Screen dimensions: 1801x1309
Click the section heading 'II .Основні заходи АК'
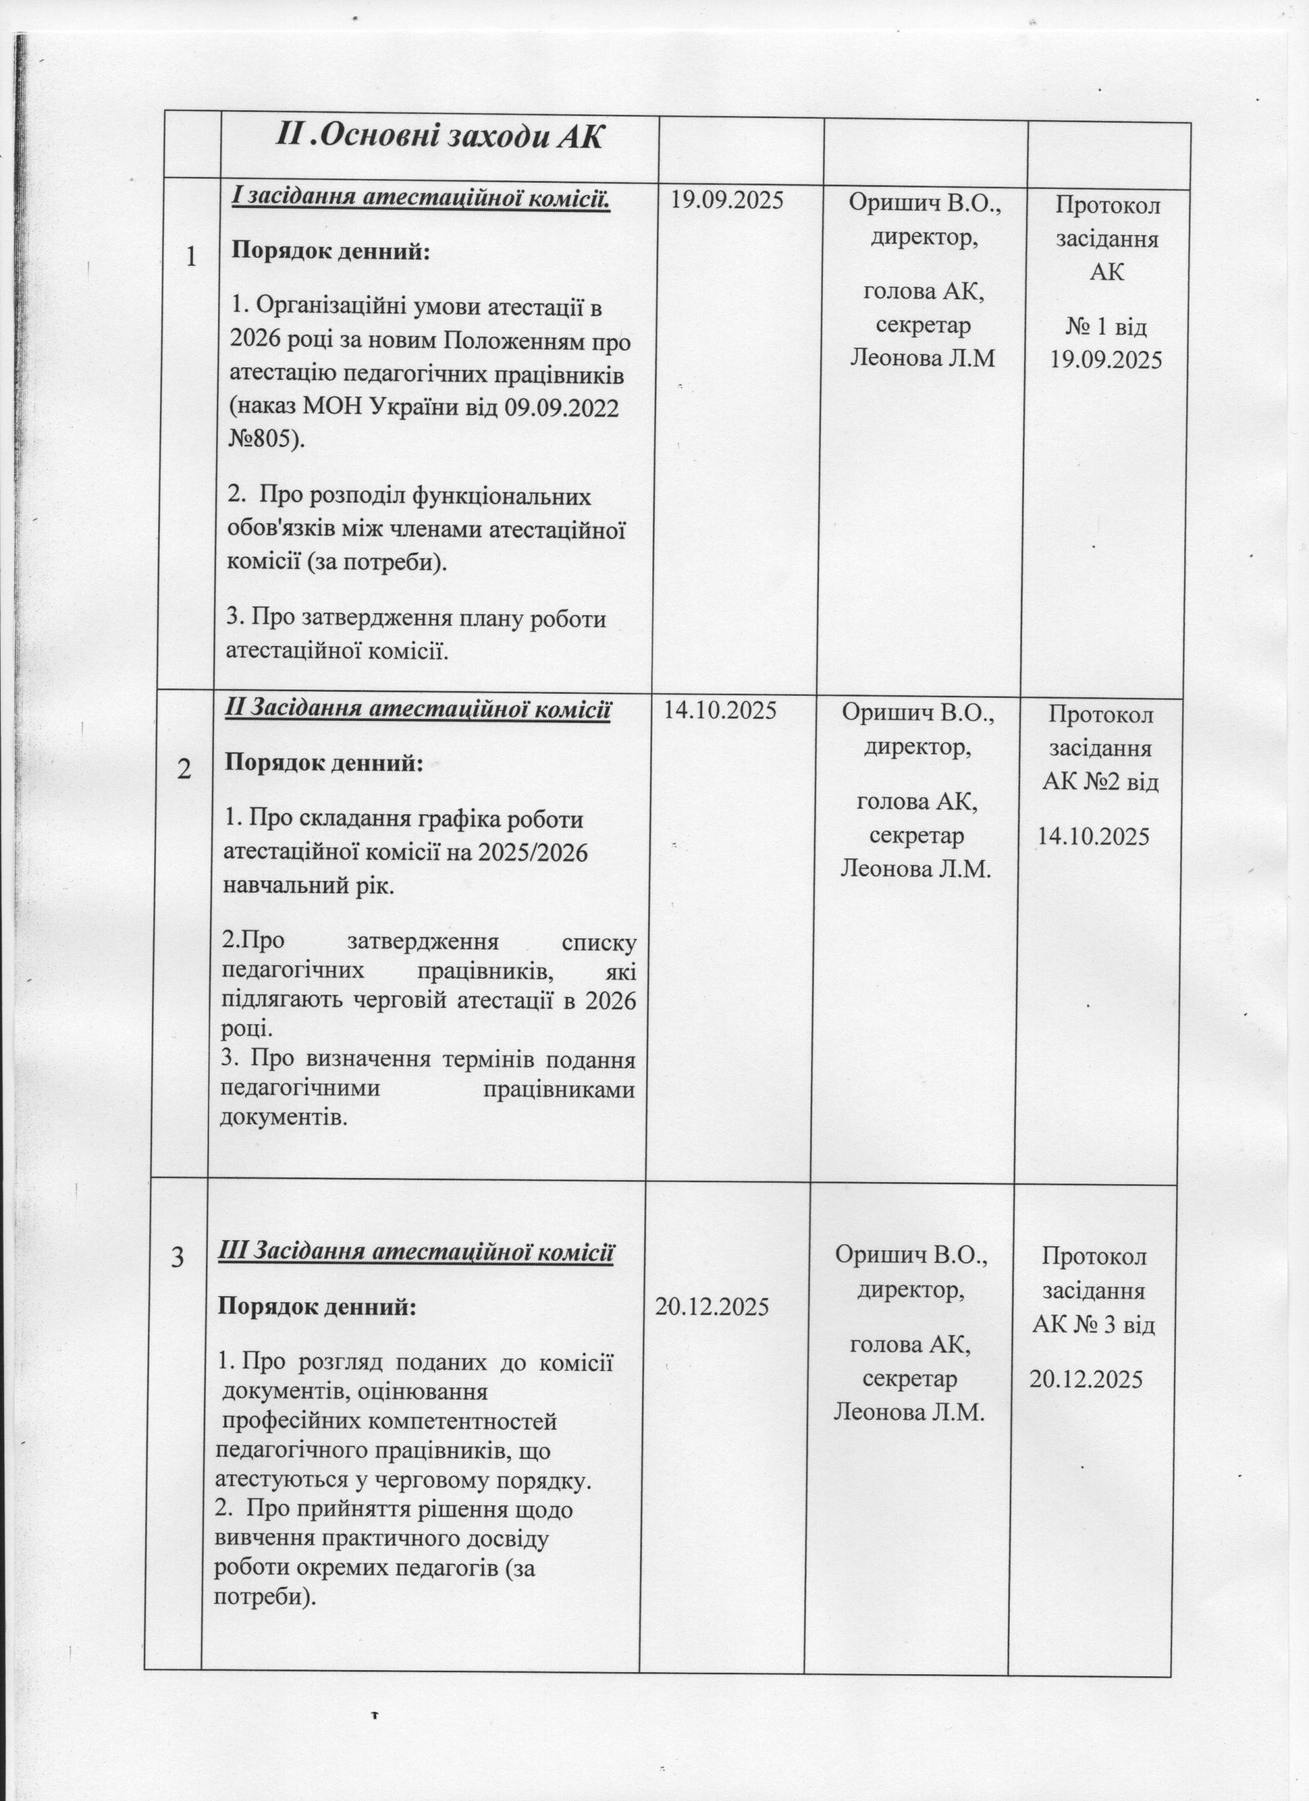(439, 136)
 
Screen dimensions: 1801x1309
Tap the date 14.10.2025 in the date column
(720, 710)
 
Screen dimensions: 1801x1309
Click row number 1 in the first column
(191, 256)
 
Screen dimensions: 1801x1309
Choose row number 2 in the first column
(183, 769)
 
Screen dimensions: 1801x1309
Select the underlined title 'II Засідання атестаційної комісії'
(419, 709)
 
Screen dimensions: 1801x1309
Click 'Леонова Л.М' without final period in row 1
(922, 358)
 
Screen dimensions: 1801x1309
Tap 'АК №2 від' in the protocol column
(1100, 782)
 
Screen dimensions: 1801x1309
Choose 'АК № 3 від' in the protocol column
(1094, 1324)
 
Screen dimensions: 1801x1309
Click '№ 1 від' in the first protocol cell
(1106, 326)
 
